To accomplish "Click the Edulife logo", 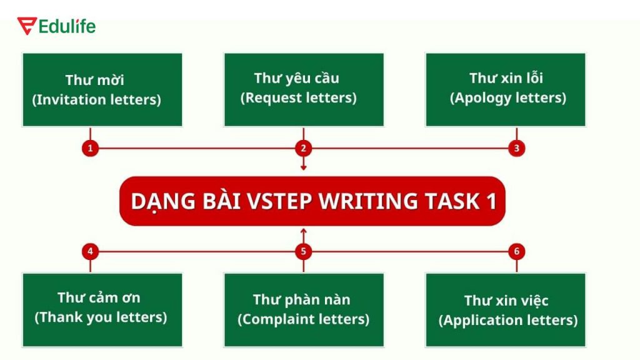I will tap(56, 26).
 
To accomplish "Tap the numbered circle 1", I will tap(91, 148).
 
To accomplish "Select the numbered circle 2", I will tap(304, 148).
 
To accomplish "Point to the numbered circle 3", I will tap(517, 148).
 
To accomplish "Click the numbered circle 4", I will tap(91, 251).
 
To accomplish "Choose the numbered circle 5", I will tap(304, 251).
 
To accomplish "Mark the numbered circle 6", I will tap(517, 251).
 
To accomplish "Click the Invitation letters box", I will tap(102, 90).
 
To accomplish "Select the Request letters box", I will tap(304, 90).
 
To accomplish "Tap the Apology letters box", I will tap(506, 90).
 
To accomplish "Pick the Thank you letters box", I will tap(102, 310).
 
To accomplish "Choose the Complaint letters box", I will tap(304, 310).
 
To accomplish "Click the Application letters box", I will tap(506, 310).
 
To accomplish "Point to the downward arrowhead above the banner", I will tap(304, 167).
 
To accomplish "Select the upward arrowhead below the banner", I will tap(304, 232).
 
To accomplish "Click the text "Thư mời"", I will tap(95, 80).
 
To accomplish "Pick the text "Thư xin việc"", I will tap(506, 301).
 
